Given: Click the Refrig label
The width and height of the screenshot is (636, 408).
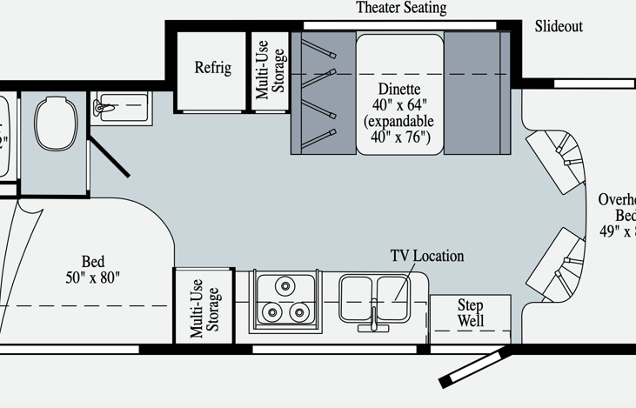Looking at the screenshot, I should pyautogui.click(x=212, y=68).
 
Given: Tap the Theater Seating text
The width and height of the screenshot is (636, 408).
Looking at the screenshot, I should pyautogui.click(x=401, y=9).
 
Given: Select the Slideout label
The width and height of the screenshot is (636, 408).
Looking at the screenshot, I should pyautogui.click(x=559, y=27).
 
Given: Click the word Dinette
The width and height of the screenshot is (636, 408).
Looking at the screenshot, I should pyautogui.click(x=399, y=90).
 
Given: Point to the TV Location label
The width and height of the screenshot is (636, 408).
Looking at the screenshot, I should pyautogui.click(x=426, y=256).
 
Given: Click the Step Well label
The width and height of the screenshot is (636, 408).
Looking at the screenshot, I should pyautogui.click(x=470, y=313).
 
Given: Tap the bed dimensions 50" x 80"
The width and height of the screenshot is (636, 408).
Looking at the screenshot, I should pyautogui.click(x=92, y=278).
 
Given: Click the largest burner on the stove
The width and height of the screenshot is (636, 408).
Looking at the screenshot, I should pyautogui.click(x=284, y=285).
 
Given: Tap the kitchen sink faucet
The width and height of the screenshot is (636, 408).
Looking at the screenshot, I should pyautogui.click(x=373, y=317).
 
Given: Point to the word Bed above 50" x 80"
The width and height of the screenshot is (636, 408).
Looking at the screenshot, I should pyautogui.click(x=92, y=262).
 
